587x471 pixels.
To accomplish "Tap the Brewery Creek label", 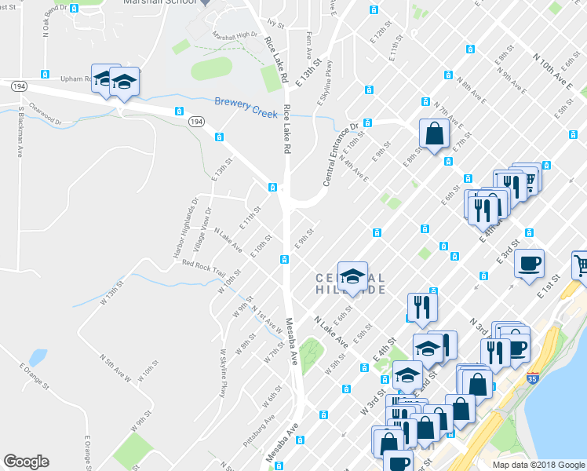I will point(246,103).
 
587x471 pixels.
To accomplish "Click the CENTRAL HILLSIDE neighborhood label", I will point(351,283).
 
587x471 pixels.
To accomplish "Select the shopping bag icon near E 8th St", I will point(433,134).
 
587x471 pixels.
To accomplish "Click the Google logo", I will point(26,462).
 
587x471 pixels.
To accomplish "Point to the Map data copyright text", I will point(538,465).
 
